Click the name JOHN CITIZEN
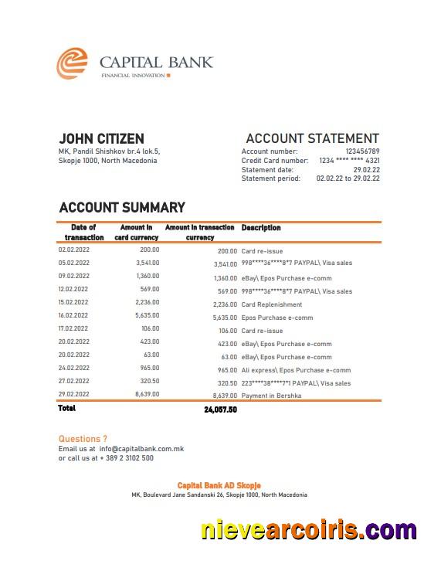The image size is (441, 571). pyautogui.click(x=101, y=138)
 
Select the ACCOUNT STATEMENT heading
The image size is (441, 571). pyautogui.click(x=312, y=138)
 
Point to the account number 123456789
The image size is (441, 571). pyautogui.click(x=362, y=151)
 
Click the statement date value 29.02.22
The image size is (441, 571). pyautogui.click(x=366, y=169)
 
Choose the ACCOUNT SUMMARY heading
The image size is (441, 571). pyautogui.click(x=122, y=207)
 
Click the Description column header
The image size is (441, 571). pyautogui.click(x=261, y=228)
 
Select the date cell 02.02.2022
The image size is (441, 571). pyautogui.click(x=74, y=250)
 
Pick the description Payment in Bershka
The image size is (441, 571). pyautogui.click(x=271, y=396)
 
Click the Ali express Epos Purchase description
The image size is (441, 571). pyautogui.click(x=296, y=370)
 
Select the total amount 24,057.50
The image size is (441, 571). pyautogui.click(x=220, y=410)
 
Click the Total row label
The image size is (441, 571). pyautogui.click(x=67, y=408)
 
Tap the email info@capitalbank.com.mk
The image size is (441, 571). pyautogui.click(x=141, y=448)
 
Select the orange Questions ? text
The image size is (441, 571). pyautogui.click(x=83, y=438)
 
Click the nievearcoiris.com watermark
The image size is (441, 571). pyautogui.click(x=309, y=530)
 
